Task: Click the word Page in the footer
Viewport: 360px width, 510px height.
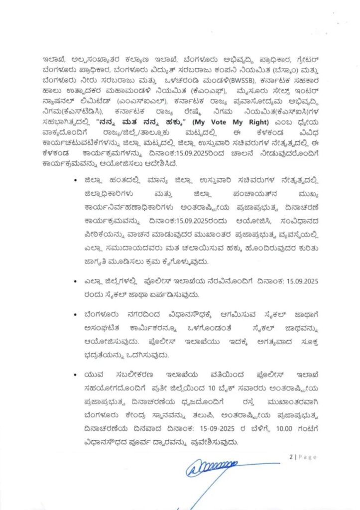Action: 307,457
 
